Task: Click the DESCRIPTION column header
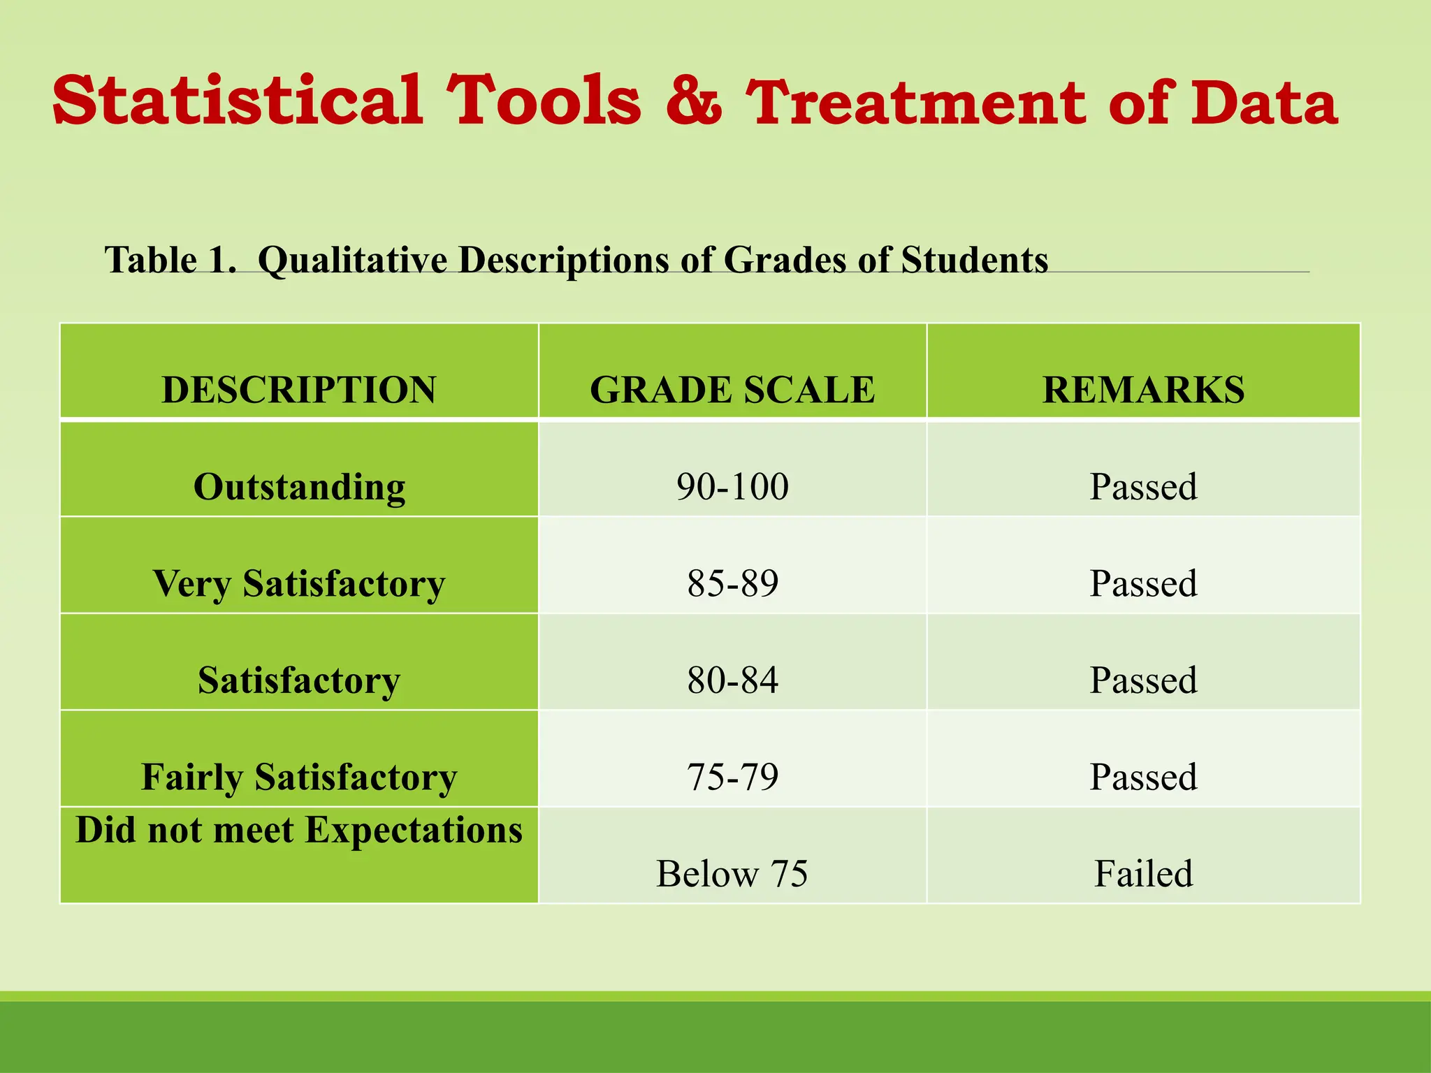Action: [x=299, y=389]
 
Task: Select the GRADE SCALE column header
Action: [x=732, y=389]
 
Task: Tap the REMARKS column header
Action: [x=1143, y=389]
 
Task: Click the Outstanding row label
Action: [x=299, y=487]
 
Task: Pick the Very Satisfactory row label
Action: [x=299, y=584]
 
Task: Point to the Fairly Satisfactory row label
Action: [x=299, y=778]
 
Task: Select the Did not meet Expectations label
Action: [x=299, y=831]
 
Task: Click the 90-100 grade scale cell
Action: [x=732, y=487]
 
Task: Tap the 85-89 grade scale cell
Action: [x=732, y=583]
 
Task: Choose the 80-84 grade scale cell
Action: [x=732, y=680]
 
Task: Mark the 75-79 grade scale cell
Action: [x=732, y=777]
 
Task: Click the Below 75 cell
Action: [x=732, y=874]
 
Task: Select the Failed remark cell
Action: [x=1143, y=874]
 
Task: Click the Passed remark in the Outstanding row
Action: [x=1143, y=487]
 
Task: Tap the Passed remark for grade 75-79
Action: [x=1143, y=777]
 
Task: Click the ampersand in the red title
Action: [x=692, y=102]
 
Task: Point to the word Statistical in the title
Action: [x=238, y=101]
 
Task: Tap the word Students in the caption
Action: [x=974, y=260]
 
